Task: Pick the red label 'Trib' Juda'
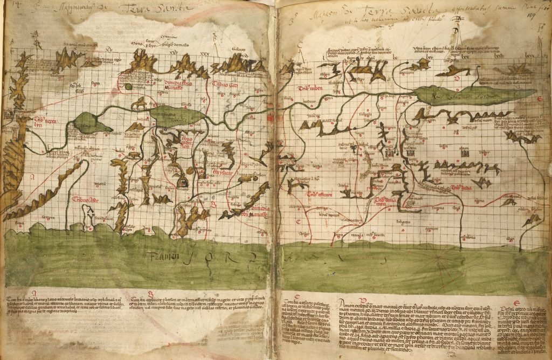pos(463,188)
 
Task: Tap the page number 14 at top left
pos(7,4)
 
